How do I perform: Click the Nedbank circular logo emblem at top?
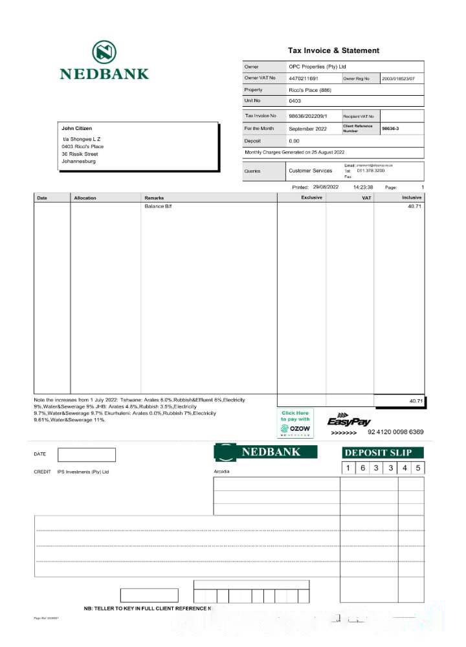tap(104, 51)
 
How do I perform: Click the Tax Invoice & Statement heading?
tap(333, 50)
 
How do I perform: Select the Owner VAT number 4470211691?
tap(303, 78)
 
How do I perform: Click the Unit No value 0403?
tap(294, 101)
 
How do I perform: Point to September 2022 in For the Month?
tap(309, 129)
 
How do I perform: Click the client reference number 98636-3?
tap(390, 129)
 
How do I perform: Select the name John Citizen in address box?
tap(77, 128)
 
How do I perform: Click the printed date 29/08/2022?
tap(326, 187)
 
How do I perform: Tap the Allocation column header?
tap(85, 197)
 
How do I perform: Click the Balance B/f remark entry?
tap(158, 206)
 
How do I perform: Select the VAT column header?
tap(366, 197)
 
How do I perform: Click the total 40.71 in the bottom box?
tap(415, 401)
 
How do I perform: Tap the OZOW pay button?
tap(294, 423)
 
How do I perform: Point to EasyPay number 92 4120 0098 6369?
tap(395, 432)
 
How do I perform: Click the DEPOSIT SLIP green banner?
tap(383, 452)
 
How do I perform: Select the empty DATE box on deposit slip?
tap(87, 455)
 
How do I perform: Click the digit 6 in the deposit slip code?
tap(362, 468)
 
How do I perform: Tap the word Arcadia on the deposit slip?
tap(221, 472)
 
